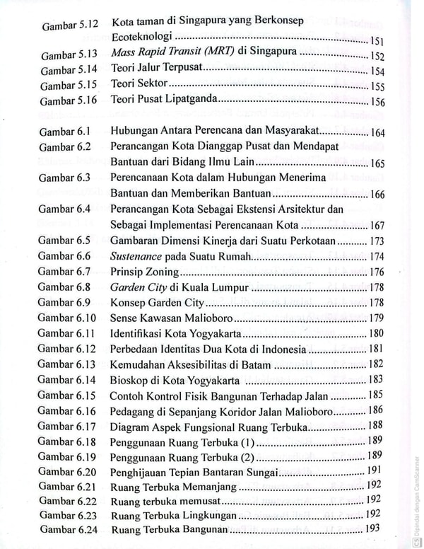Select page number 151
click(377, 41)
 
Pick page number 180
click(376, 333)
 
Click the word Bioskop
click(130, 380)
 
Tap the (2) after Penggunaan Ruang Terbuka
click(246, 456)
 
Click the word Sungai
click(261, 472)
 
